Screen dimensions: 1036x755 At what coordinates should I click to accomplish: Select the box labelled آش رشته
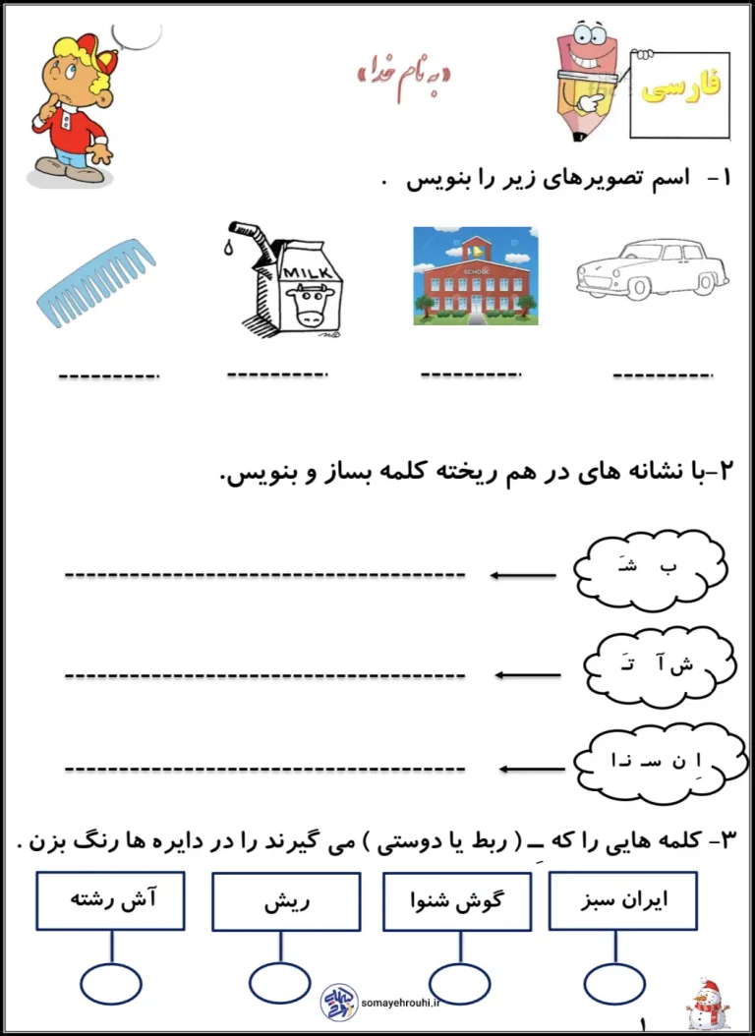coord(110,900)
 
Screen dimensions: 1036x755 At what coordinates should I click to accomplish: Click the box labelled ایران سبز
coord(625,900)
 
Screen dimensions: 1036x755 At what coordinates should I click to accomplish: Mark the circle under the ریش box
coord(280,983)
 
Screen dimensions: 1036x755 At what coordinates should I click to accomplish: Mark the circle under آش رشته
coord(110,983)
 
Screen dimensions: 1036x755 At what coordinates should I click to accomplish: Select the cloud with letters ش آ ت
coord(659,664)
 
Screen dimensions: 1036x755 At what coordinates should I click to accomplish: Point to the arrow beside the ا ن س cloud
coord(531,769)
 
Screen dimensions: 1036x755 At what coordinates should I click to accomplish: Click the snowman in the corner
coord(709,1005)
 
